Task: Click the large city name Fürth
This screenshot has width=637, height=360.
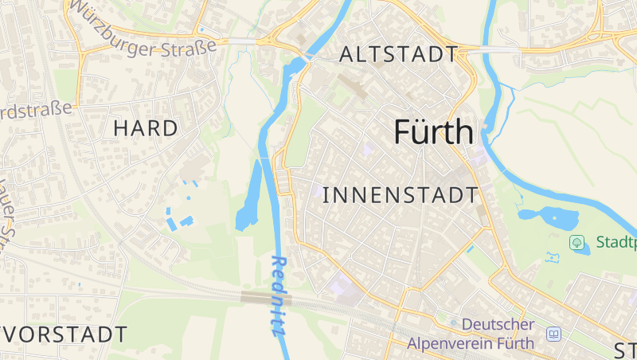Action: tap(434, 132)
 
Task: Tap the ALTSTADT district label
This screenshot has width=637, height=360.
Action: tap(398, 55)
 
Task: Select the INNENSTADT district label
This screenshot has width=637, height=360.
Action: tap(401, 195)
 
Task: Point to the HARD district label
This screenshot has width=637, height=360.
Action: tap(145, 127)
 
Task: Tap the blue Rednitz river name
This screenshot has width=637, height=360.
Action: tap(279, 295)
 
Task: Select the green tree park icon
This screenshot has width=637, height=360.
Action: tap(576, 241)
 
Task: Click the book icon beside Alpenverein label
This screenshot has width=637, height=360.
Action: tap(553, 334)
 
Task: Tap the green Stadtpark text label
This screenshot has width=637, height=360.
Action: tap(615, 241)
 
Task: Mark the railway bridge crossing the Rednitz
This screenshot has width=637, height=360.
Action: tap(266, 298)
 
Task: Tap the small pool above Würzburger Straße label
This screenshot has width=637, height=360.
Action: tap(201, 30)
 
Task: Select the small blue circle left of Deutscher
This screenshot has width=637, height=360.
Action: tap(454, 323)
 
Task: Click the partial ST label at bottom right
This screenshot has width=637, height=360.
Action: tap(625, 349)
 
